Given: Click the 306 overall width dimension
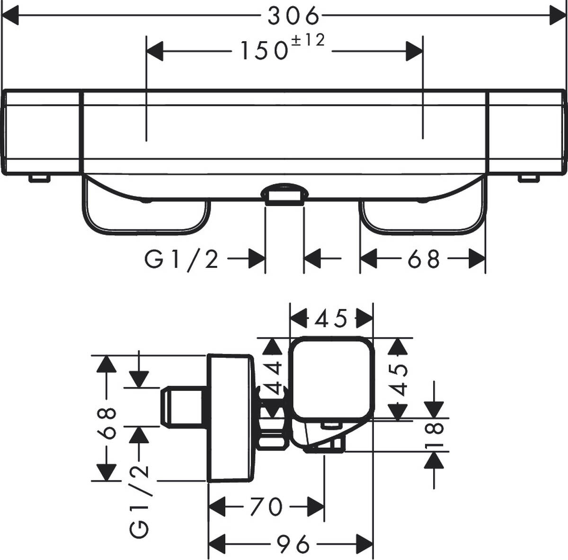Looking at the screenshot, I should (293, 17).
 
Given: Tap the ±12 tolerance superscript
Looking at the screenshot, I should (308, 41).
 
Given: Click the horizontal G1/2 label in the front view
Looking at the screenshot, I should (182, 259).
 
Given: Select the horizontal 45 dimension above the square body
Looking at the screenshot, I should (331, 319).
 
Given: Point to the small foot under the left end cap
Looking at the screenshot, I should (39, 178).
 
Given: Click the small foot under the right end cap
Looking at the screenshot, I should (529, 178).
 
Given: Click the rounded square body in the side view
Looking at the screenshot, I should (331, 379).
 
